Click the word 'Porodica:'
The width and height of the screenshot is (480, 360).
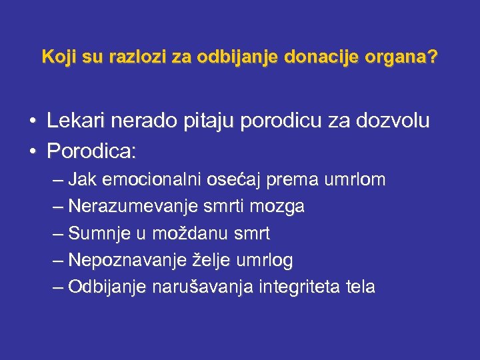click(91, 151)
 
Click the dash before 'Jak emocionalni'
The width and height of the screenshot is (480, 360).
click(57, 181)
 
